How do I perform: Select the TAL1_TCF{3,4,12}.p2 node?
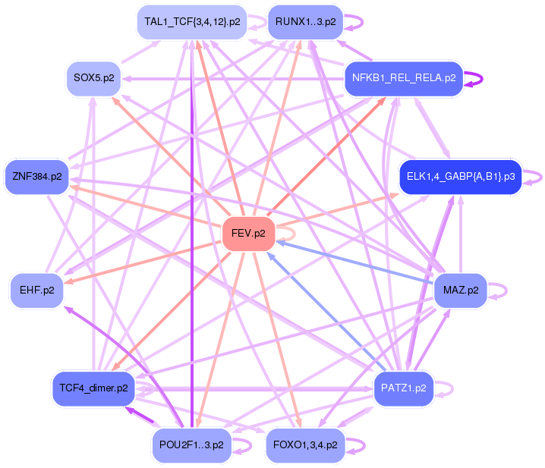[192, 22]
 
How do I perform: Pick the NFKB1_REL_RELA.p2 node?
[403, 77]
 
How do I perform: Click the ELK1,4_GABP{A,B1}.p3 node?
[461, 177]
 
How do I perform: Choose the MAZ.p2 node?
[460, 290]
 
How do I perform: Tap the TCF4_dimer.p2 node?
[93, 388]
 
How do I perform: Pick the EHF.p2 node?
[36, 290]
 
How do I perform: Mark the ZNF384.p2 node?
[36, 177]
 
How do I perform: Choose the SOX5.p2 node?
[93, 77]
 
